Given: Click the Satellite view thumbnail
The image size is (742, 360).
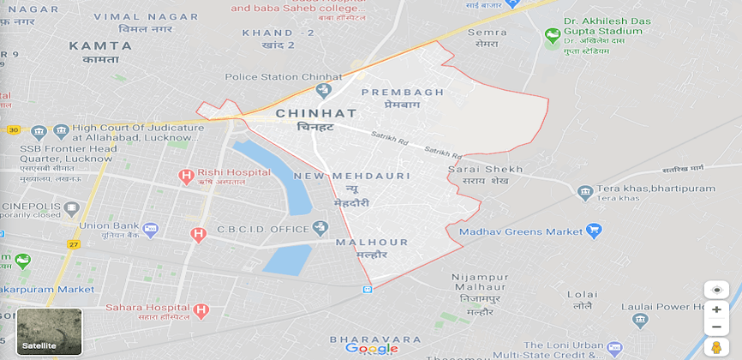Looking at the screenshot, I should [x=49, y=332].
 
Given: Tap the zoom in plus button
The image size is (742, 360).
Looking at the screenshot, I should [x=716, y=309].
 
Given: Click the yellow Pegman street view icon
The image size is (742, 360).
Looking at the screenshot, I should [x=716, y=347].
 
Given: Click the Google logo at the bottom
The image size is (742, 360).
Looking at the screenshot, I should [x=371, y=348].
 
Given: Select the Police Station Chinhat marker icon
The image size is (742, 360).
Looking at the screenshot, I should [x=323, y=90].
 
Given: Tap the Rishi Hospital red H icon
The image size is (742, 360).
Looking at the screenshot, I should [x=185, y=176].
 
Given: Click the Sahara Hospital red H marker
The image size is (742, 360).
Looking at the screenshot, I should [x=201, y=310].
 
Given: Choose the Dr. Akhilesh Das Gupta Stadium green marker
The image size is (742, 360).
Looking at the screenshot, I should [x=553, y=36].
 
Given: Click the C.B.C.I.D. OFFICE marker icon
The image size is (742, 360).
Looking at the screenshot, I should [x=320, y=227].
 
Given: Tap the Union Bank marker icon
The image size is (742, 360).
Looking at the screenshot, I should [x=151, y=229].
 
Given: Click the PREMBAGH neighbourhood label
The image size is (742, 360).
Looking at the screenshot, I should [x=403, y=92].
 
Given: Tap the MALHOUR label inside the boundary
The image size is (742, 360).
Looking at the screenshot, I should [x=372, y=243].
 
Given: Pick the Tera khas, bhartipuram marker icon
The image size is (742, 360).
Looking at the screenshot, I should [x=585, y=192].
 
